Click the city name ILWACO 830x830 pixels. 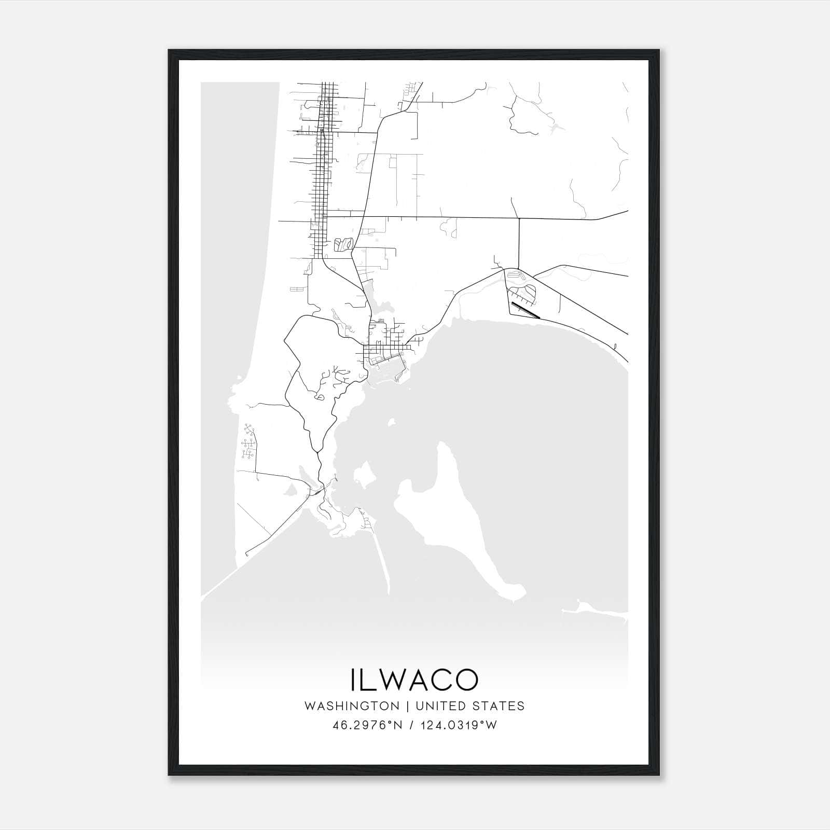point(414,680)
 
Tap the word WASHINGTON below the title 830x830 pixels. point(352,706)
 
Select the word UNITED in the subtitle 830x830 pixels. point(441,706)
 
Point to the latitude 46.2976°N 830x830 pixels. point(367,725)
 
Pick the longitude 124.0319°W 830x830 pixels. point(459,725)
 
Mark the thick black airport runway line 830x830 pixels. point(525,310)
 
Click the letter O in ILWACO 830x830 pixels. point(465,680)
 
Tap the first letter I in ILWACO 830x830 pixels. point(354,680)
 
